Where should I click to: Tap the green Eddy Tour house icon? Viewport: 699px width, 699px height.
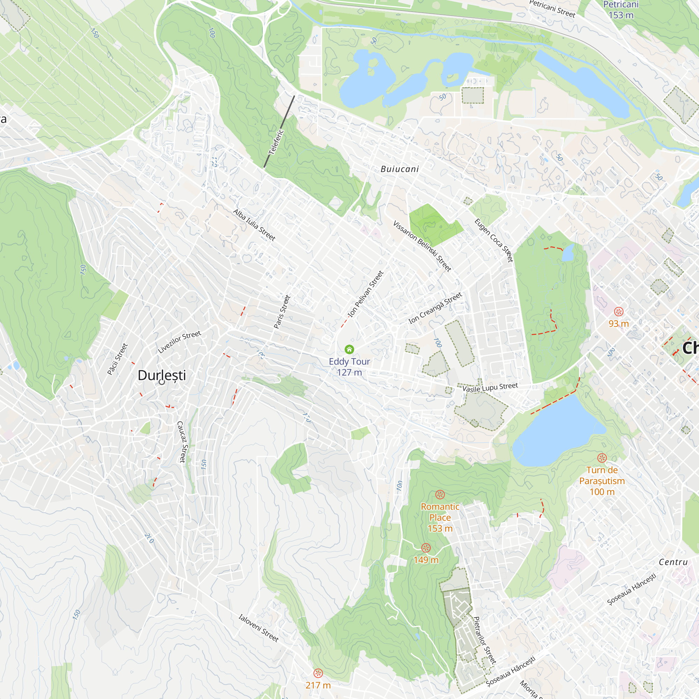349,349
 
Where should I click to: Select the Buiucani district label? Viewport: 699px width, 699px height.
400,169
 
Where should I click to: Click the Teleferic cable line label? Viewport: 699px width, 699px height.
276,142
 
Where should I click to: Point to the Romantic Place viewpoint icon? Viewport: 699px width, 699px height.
440,494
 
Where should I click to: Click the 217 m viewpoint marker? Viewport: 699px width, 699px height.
318,673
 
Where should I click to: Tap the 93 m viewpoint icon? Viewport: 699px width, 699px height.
619,311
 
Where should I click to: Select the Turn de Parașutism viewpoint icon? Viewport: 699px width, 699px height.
602,458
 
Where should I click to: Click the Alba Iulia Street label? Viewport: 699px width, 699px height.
254,225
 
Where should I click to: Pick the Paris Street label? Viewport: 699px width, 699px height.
282,311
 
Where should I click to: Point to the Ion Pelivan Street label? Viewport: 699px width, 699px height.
365,294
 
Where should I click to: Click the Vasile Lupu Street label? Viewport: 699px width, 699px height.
490,388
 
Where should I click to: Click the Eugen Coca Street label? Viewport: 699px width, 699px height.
493,240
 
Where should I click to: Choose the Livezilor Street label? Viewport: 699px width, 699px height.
179,341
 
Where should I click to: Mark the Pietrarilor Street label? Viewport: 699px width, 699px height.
484,640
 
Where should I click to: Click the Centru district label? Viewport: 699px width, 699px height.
673,562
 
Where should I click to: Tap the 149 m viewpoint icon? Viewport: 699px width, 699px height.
426,548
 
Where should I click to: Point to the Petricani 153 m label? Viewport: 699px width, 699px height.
621,10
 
